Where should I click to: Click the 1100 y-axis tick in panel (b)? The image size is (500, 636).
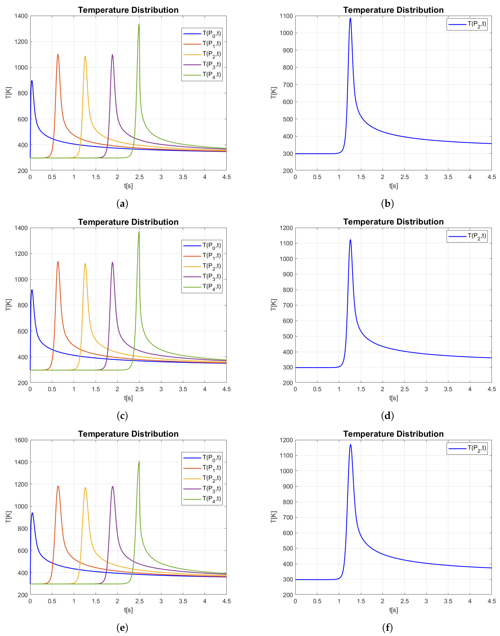286,16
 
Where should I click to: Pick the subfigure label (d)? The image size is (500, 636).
387,416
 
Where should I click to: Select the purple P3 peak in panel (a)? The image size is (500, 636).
112,55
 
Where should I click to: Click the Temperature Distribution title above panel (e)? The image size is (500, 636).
128,434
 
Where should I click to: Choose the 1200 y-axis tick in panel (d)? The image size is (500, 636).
286,228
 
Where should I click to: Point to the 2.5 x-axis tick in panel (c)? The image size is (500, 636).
139,389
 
